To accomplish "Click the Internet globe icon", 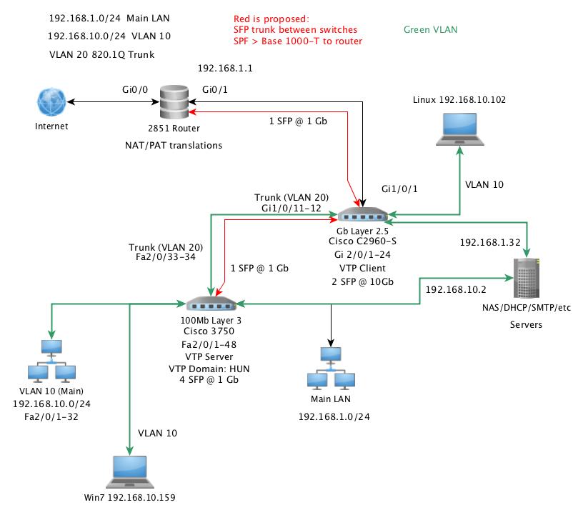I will coord(51,102).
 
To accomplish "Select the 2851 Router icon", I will coord(174,103).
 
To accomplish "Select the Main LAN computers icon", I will coord(330,369).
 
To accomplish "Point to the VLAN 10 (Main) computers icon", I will coord(51,362).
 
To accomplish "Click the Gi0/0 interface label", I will coord(136,90).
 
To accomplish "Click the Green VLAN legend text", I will coord(430,30).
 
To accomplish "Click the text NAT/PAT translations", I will coord(174,145).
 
